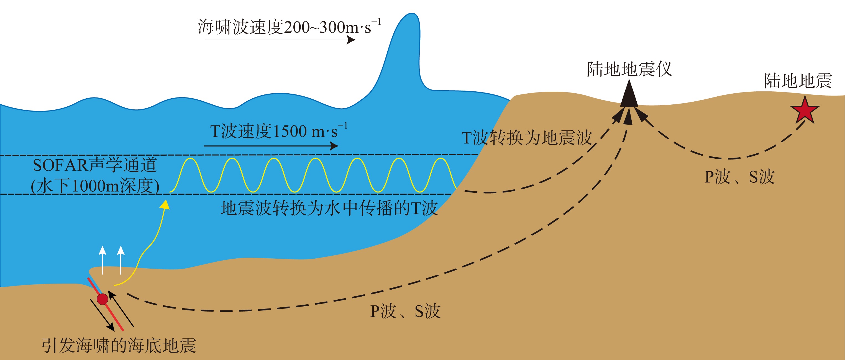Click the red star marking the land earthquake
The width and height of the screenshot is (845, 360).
click(x=805, y=110)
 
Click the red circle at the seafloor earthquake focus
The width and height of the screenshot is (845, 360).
click(x=102, y=299)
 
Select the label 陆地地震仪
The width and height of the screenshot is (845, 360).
click(x=629, y=70)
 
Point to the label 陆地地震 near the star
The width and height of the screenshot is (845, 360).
click(x=798, y=81)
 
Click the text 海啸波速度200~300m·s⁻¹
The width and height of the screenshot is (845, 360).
click(x=289, y=27)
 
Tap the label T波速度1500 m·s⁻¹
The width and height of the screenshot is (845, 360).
click(x=278, y=131)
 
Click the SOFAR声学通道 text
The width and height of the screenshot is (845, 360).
click(x=95, y=165)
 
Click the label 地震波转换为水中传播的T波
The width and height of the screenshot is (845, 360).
click(x=329, y=208)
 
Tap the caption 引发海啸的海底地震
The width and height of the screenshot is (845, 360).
click(x=119, y=346)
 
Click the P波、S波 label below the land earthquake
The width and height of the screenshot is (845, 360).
click(x=739, y=177)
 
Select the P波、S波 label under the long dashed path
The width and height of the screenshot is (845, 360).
click(x=405, y=311)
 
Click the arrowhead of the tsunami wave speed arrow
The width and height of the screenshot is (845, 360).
click(x=351, y=40)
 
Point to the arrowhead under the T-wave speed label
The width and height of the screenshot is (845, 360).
click(x=334, y=146)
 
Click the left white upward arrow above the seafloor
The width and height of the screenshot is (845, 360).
click(x=103, y=251)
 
